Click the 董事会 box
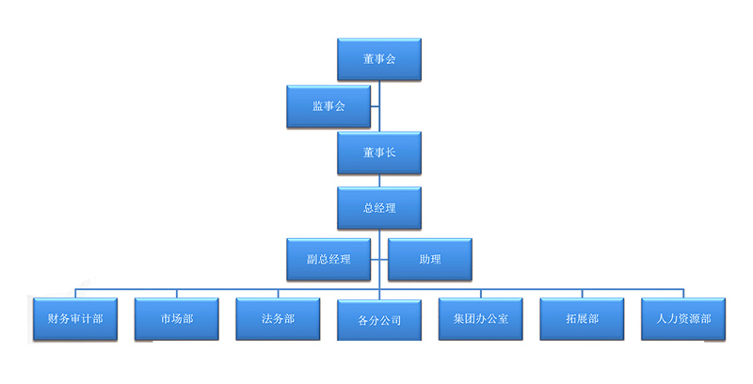[x=379, y=59]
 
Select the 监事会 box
[x=328, y=106]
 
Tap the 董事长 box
[x=379, y=152]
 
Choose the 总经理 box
[x=379, y=208]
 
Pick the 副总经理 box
[x=328, y=259]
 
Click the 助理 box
[x=430, y=259]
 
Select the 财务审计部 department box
[x=75, y=318]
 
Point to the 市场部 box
[x=177, y=318]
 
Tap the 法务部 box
[x=278, y=318]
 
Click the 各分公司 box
[x=379, y=319]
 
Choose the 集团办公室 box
[x=481, y=318]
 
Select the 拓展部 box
[x=582, y=318]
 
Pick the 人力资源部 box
[x=683, y=318]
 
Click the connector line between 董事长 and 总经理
[x=379, y=181]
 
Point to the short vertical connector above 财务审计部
[x=75, y=291]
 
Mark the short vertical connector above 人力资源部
[x=683, y=291]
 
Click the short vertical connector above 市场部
[x=177, y=291]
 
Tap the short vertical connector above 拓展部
[x=582, y=291]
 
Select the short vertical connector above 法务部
[x=278, y=291]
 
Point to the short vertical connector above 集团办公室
[x=481, y=291]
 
